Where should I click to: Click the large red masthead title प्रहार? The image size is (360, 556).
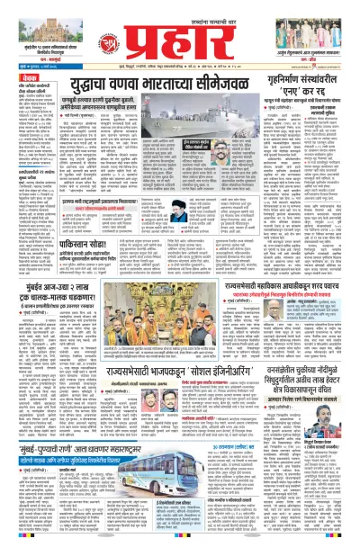coord(180,32)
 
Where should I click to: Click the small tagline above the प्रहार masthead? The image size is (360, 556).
coord(180,6)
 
